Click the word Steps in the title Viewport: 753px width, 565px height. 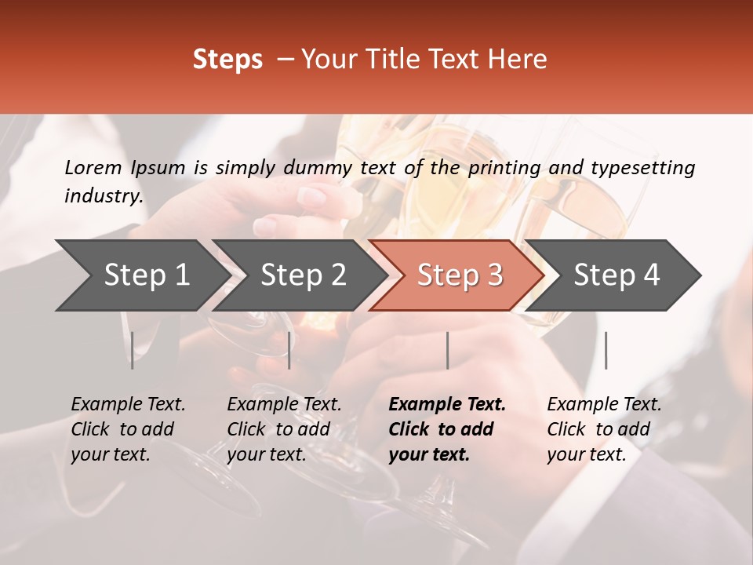[227, 60]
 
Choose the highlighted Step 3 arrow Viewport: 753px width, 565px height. [459, 275]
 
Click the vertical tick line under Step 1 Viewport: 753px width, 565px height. [132, 350]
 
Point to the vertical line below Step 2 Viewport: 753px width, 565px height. [289, 350]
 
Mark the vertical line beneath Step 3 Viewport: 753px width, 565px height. [447, 350]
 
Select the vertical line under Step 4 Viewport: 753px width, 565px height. [606, 350]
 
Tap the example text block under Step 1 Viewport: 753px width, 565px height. [128, 429]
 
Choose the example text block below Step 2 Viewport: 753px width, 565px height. [284, 429]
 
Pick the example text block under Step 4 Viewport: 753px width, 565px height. [604, 429]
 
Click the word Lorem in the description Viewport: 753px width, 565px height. [93, 167]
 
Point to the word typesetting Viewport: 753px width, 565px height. [642, 167]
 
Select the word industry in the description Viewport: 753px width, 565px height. [103, 196]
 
